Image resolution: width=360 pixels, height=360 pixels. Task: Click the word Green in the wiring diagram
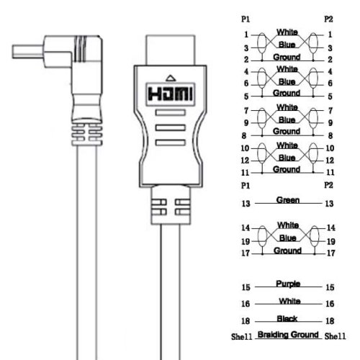(x=287, y=200)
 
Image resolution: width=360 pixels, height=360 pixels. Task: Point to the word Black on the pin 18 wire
(x=287, y=318)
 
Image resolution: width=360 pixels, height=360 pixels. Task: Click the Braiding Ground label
(x=287, y=335)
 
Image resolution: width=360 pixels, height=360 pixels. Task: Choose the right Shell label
(x=336, y=336)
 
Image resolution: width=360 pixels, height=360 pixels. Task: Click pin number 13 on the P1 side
(x=246, y=204)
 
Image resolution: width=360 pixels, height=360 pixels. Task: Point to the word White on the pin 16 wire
(x=287, y=300)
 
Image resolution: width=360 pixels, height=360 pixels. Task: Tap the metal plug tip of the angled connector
(x=26, y=53)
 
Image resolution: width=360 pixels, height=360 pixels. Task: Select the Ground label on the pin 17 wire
(x=287, y=251)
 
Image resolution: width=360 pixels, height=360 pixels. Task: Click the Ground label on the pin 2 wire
(x=287, y=56)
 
